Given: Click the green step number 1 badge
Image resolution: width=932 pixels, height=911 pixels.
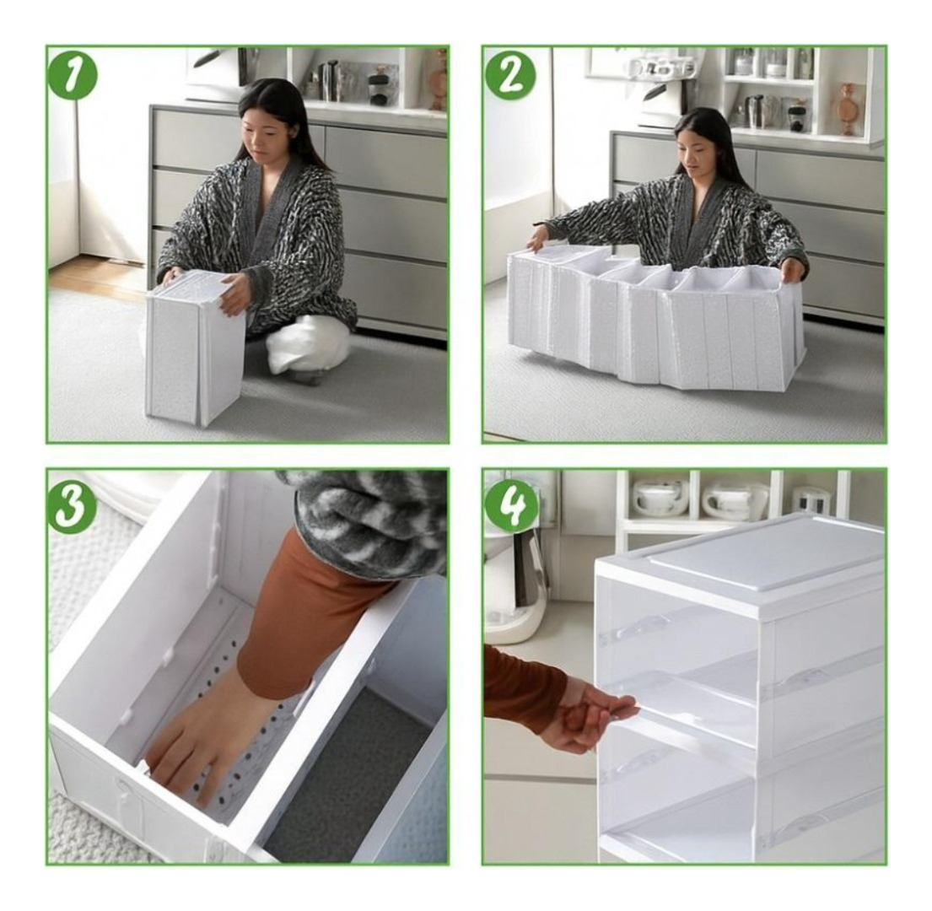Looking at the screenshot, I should click(73, 75).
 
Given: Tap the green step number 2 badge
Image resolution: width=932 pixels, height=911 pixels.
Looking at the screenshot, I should click(510, 75).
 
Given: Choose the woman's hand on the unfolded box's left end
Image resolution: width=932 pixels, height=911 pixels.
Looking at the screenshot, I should click(537, 239).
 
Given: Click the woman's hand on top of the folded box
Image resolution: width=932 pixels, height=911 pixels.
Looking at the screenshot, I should click(233, 291).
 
